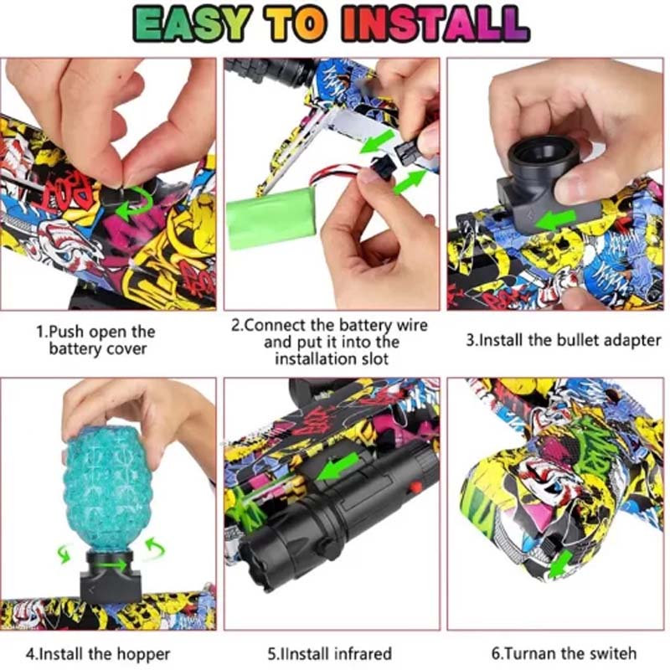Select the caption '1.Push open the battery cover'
point(96,339)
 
